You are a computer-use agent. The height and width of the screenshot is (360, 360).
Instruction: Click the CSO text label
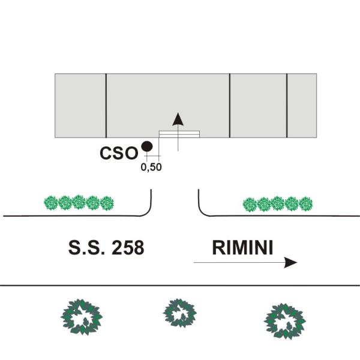click(119, 153)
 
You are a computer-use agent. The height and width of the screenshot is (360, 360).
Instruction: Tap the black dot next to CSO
click(147, 146)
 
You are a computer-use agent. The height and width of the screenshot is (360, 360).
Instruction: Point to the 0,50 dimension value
click(151, 167)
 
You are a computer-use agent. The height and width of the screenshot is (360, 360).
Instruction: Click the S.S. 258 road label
click(106, 247)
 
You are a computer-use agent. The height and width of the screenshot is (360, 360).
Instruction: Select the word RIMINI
click(242, 247)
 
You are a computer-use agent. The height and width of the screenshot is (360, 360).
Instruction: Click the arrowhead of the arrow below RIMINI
click(290, 262)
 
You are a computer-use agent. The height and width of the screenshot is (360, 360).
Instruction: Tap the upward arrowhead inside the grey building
click(178, 119)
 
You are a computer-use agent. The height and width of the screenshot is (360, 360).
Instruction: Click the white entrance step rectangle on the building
click(179, 134)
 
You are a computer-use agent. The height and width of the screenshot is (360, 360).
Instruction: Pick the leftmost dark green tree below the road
click(82, 317)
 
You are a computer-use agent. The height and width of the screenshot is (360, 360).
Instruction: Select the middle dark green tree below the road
click(180, 313)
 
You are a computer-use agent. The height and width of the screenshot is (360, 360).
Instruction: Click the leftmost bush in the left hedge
click(51, 203)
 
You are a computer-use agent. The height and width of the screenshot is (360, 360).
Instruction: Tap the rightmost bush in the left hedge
click(107, 203)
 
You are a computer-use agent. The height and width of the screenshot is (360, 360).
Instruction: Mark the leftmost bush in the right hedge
click(250, 205)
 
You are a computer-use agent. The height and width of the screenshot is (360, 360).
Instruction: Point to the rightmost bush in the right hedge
click(305, 203)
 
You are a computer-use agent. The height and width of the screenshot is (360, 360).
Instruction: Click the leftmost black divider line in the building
click(106, 106)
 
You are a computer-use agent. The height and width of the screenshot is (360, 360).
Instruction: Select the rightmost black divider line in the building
click(287, 106)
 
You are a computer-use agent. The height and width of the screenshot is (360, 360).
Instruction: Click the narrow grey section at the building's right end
click(302, 106)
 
